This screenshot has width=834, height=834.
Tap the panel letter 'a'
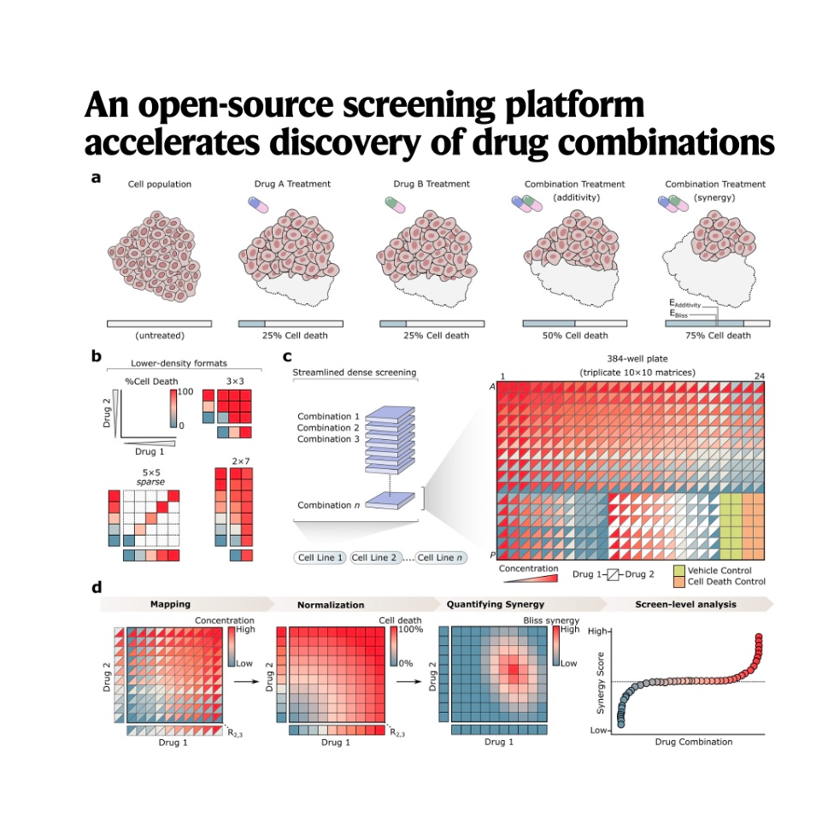(x=96, y=179)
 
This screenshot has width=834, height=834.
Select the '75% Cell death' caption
(x=716, y=336)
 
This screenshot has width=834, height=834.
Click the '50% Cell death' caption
(x=575, y=336)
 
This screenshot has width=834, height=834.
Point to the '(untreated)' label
(x=159, y=336)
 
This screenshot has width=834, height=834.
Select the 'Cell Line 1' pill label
(x=320, y=558)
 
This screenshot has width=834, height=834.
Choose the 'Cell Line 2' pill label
(x=377, y=558)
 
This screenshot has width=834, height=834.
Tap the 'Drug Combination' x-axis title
(x=693, y=742)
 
